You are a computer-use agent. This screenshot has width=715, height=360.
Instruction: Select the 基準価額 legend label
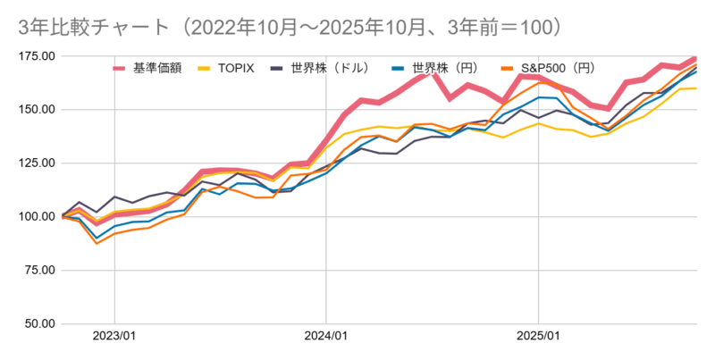pyautogui.click(x=156, y=68)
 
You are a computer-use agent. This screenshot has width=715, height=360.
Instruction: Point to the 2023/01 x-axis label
pyautogui.click(x=114, y=337)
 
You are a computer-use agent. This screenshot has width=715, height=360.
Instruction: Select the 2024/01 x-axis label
pyautogui.click(x=326, y=337)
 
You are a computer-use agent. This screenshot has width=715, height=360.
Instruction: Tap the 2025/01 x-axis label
pyautogui.click(x=538, y=337)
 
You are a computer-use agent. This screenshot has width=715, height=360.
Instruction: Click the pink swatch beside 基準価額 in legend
pyautogui.click(x=120, y=69)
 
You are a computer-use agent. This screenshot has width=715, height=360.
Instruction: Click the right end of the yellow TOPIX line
pyautogui.click(x=696, y=88)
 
